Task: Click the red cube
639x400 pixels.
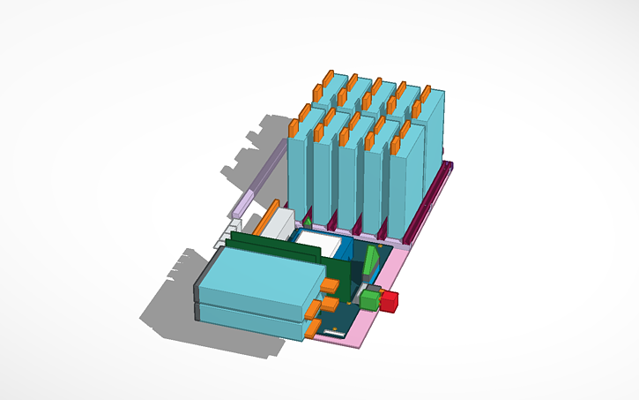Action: (x=390, y=301)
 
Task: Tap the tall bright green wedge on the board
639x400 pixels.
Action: (x=371, y=261)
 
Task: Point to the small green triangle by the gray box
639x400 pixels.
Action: (x=308, y=222)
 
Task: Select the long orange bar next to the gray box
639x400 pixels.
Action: (x=264, y=221)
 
